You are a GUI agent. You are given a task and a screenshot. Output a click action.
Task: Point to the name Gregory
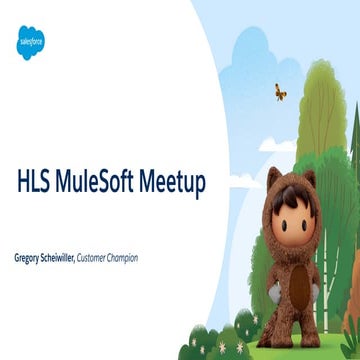click(30, 258)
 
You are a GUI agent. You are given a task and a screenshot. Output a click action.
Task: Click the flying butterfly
click(280, 92)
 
